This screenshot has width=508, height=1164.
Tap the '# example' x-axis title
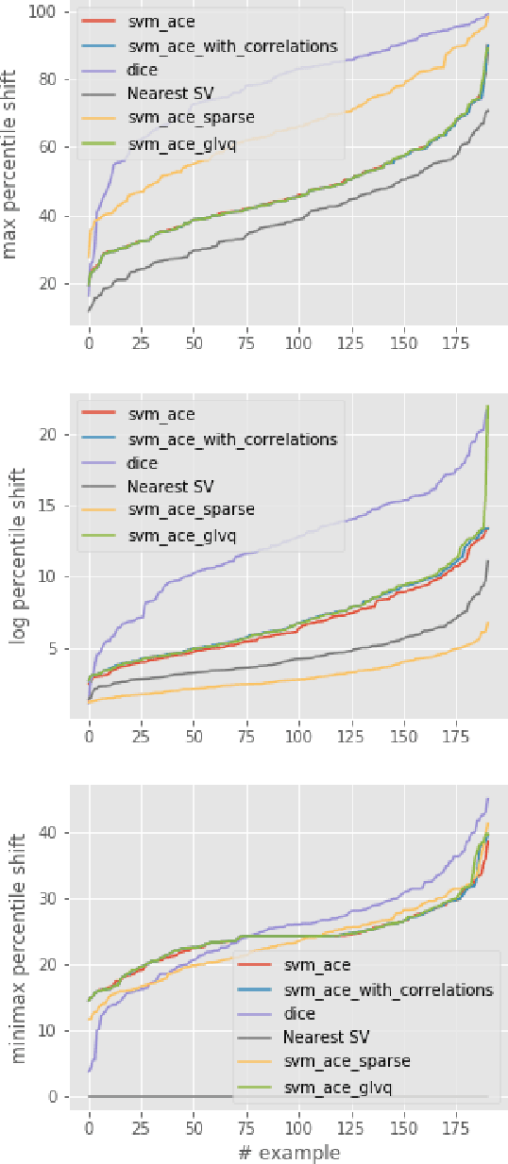pos(288,1152)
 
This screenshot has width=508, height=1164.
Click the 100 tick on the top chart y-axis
pos(42,11)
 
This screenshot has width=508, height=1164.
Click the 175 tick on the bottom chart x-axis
pos(456,1127)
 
